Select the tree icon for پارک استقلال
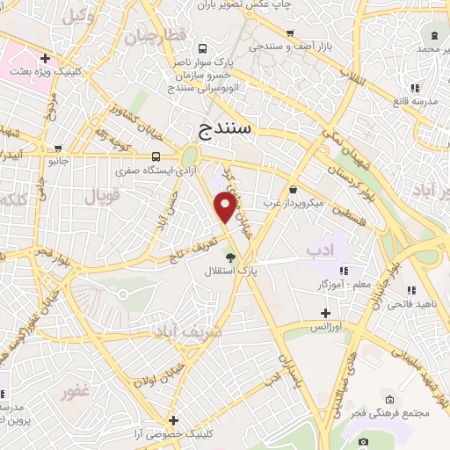click(230, 258)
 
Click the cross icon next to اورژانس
click(325, 313)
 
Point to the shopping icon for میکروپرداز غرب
click(292, 189)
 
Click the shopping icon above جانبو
click(58, 149)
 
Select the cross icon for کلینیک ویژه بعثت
click(44, 58)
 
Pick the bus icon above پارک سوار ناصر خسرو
click(204, 49)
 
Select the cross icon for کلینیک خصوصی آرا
click(174, 420)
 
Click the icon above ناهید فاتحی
click(410, 290)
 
